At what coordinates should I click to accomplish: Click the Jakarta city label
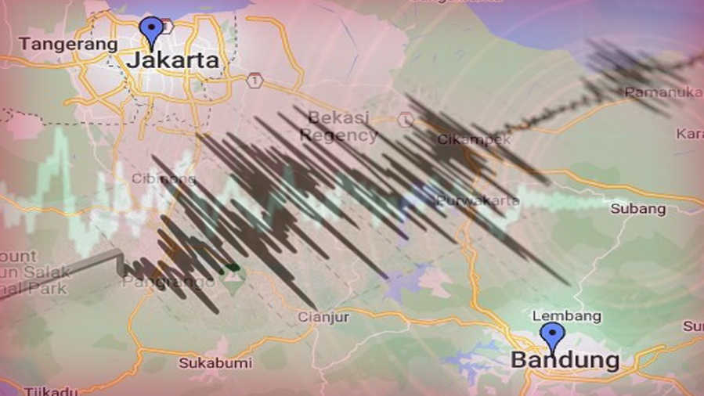pyautogui.click(x=172, y=59)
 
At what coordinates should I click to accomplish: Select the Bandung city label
pyautogui.click(x=565, y=361)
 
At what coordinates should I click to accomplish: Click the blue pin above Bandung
pyautogui.click(x=552, y=336)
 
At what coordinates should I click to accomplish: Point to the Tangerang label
pyautogui.click(x=68, y=44)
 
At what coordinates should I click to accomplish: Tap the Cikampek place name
pyautogui.click(x=474, y=139)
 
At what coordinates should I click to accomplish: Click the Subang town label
pyautogui.click(x=637, y=209)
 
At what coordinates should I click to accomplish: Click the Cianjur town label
pyautogui.click(x=323, y=317)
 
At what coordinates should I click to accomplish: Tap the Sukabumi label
pyautogui.click(x=215, y=362)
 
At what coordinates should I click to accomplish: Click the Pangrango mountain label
pyautogui.click(x=157, y=282)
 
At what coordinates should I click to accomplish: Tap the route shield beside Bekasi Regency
pyautogui.click(x=405, y=119)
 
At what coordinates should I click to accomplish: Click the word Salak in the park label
pyautogui.click(x=52, y=272)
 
